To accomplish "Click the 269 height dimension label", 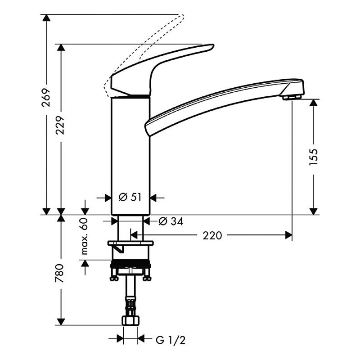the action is [x=46, y=97].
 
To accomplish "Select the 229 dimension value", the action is [x=61, y=125].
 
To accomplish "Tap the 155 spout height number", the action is [x=313, y=157].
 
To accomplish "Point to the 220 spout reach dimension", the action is [x=212, y=235].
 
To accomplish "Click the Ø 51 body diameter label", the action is [x=130, y=197].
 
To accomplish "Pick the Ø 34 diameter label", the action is [x=171, y=221].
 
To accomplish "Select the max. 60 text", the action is [x=85, y=236].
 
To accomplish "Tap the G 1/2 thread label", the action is [x=171, y=340].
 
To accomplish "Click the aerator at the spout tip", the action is [x=292, y=97].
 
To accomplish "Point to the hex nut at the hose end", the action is [x=130, y=320].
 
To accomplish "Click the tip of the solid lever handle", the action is [x=213, y=46].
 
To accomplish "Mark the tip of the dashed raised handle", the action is [x=183, y=16].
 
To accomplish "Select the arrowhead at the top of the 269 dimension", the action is [x=46, y=18].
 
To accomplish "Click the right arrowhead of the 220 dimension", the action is [x=288, y=235].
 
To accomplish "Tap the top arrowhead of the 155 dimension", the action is [x=313, y=103].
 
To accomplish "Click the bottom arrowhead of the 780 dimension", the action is [x=61, y=322].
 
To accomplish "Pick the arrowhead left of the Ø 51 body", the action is [x=108, y=198].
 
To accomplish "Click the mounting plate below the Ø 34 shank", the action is [x=130, y=243].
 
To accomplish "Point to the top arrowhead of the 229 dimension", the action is [x=61, y=47].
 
